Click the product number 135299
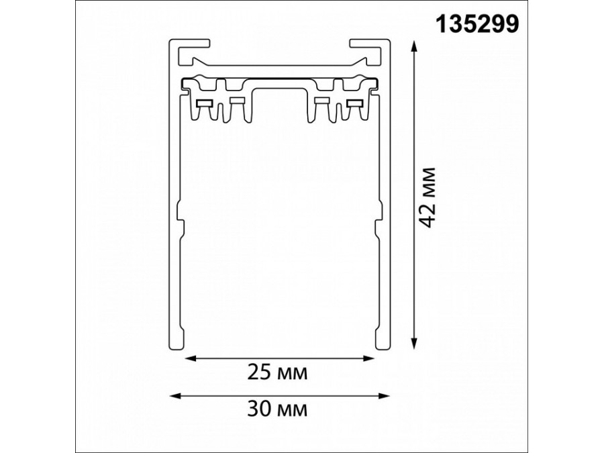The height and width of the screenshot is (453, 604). tap(478, 25)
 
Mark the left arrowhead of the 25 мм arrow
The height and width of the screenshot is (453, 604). tap(190, 358)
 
